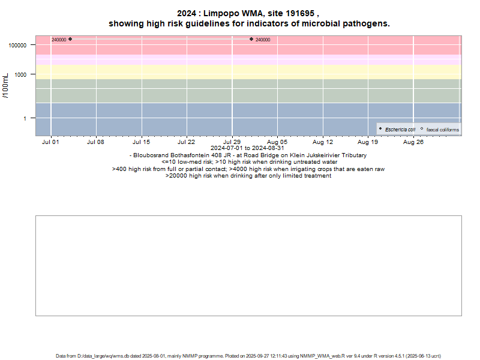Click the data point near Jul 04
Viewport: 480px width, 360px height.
[x=70, y=39]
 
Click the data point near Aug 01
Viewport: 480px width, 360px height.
[x=251, y=39]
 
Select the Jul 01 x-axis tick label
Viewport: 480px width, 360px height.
[x=51, y=142]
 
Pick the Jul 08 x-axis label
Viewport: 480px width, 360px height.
[x=96, y=142]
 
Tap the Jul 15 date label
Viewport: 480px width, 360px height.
[x=142, y=142]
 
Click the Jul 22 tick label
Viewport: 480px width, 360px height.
[x=187, y=142]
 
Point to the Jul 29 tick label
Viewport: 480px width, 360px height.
[x=232, y=142]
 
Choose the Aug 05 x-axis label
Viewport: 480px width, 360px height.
[x=277, y=142]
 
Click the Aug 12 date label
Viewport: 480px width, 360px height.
[x=323, y=142]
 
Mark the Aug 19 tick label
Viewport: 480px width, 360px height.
[x=368, y=142]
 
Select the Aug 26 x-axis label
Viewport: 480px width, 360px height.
[x=413, y=142]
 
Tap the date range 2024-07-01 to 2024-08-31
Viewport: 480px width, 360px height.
[x=248, y=148]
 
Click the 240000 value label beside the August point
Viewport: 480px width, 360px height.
[x=263, y=40]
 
